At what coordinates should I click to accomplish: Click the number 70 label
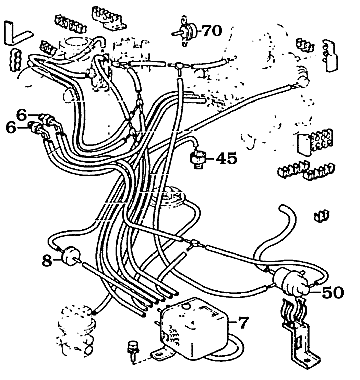coord(210,31)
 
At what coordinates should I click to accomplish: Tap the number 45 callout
coord(227,157)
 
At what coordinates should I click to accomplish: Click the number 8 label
coord(47,261)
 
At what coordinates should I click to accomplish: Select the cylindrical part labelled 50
coord(293,280)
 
